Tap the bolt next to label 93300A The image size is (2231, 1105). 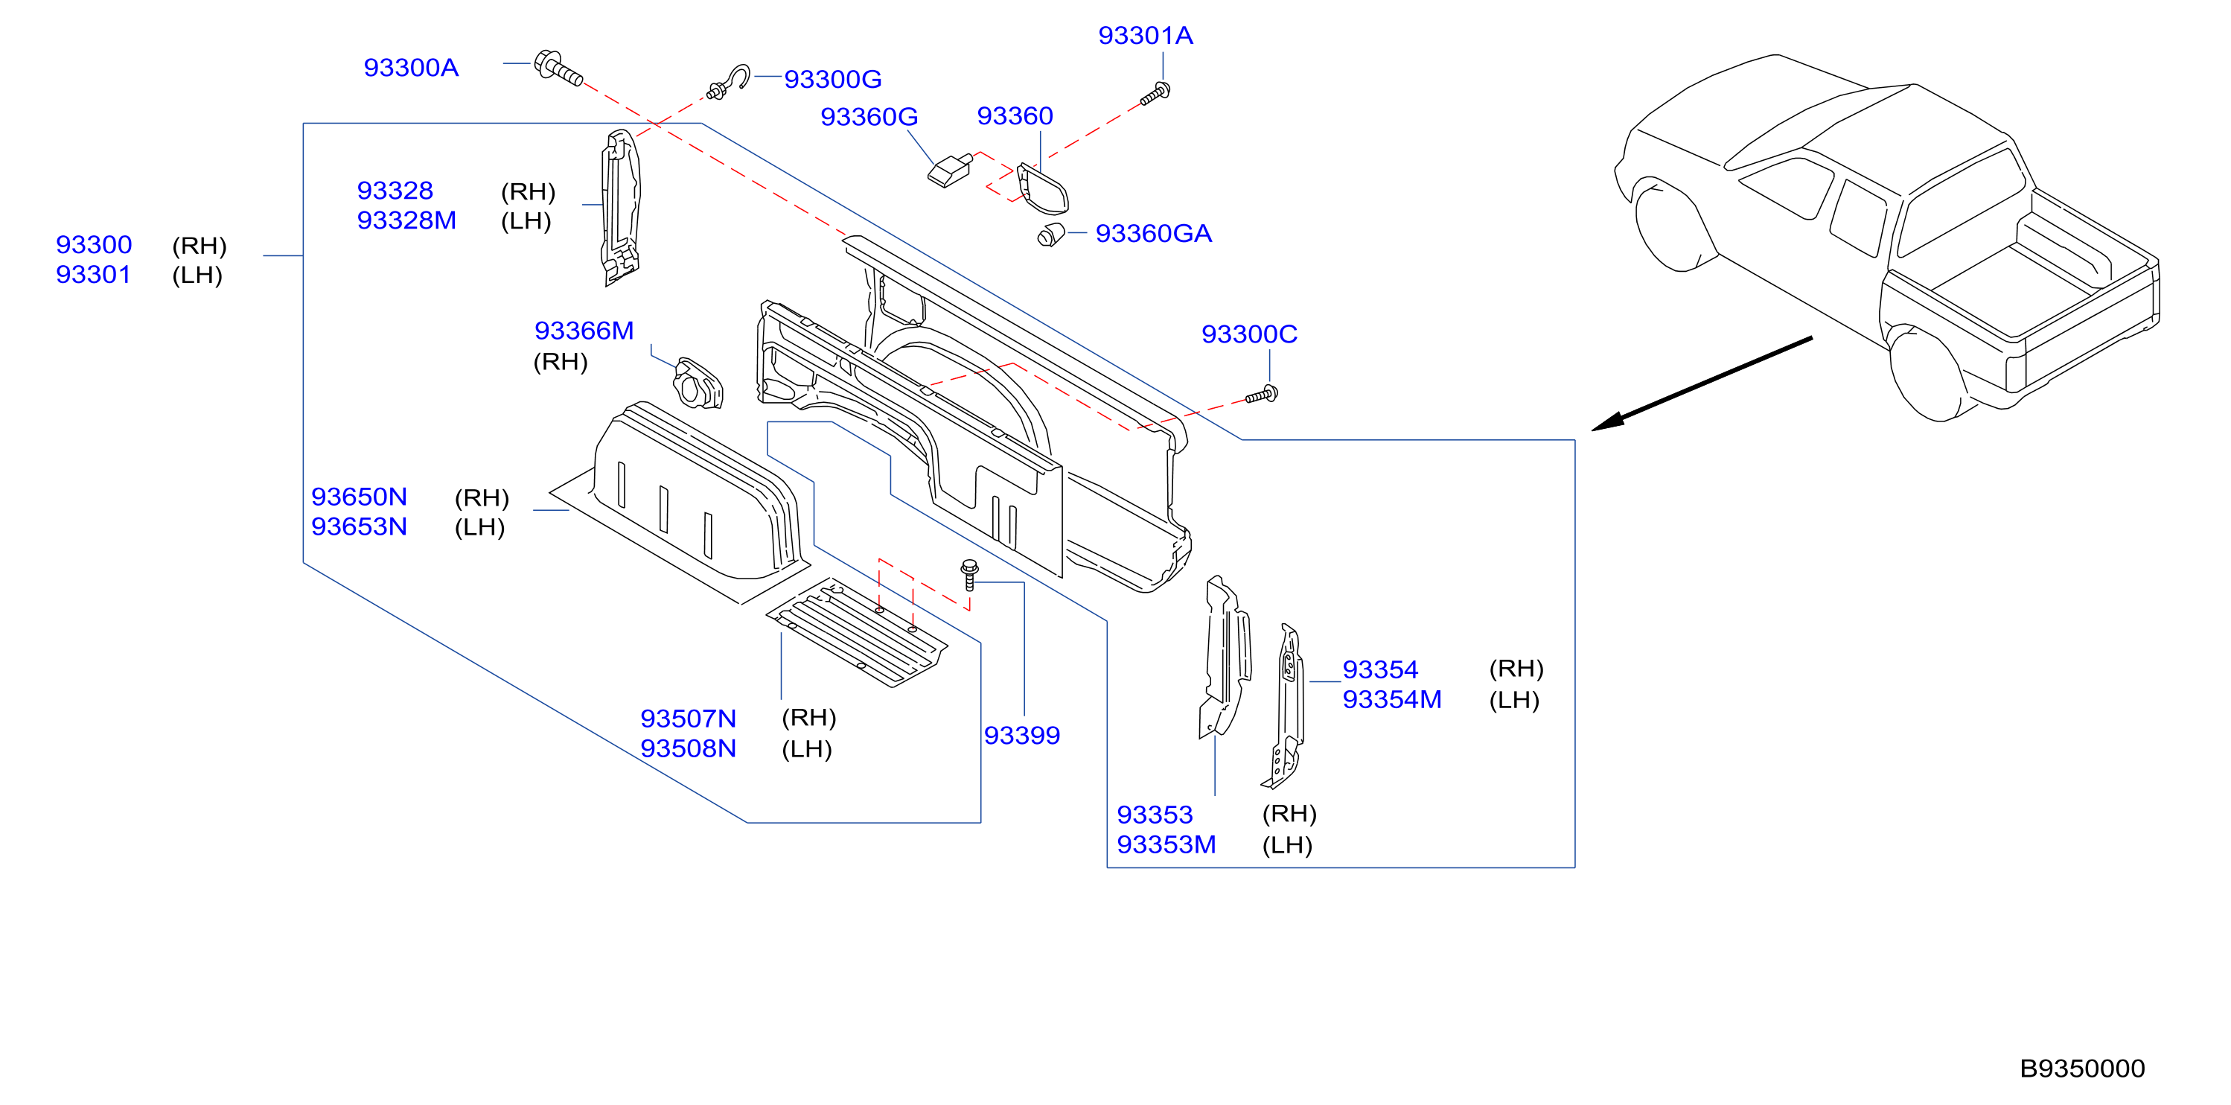pos(558,68)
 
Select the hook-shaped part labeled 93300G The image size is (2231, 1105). pos(730,81)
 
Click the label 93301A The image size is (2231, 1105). pos(1145,36)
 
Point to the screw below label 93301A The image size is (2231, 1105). pos(1156,94)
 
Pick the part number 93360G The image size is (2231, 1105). pos(869,117)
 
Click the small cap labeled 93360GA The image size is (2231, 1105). pos(1050,234)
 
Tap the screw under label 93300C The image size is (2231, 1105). pos(1261,395)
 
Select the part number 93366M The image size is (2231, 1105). pos(584,331)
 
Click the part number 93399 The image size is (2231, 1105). pos(1022,735)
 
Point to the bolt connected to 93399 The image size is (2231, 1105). pos(970,575)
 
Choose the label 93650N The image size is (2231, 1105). pos(359,497)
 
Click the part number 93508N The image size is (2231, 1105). pos(688,748)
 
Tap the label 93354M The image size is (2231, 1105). pos(1392,700)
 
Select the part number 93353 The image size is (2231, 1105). pos(1155,815)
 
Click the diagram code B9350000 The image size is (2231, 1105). pos(2082,1069)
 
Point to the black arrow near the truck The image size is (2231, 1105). pos(1702,383)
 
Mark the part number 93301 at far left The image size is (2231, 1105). pos(94,275)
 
